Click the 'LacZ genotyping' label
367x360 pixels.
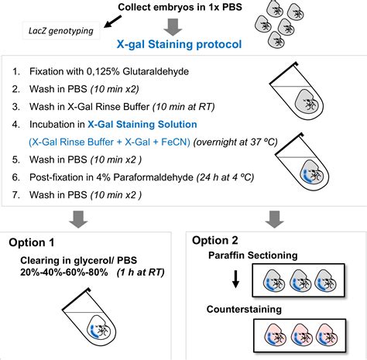(x=61, y=31)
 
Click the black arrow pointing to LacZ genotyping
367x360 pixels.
(x=112, y=22)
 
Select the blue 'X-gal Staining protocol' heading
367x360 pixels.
(x=180, y=44)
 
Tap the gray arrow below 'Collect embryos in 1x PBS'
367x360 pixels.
(x=173, y=27)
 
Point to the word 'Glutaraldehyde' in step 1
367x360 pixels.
(x=156, y=71)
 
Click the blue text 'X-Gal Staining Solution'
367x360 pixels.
(x=142, y=125)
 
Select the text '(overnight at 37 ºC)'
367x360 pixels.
(x=235, y=142)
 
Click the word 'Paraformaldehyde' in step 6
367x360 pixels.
(x=153, y=177)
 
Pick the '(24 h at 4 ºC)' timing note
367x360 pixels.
(x=225, y=177)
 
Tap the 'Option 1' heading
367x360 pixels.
(x=32, y=242)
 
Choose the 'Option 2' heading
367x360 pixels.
(x=214, y=240)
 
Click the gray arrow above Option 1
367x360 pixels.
(x=78, y=220)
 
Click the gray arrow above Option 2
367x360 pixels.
(x=275, y=220)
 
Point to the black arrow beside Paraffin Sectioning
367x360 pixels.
(x=235, y=279)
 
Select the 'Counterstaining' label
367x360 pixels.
(x=244, y=309)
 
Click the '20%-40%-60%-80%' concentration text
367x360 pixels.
(x=64, y=273)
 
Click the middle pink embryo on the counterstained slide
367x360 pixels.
(x=301, y=335)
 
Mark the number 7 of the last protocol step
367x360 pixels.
(x=15, y=195)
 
